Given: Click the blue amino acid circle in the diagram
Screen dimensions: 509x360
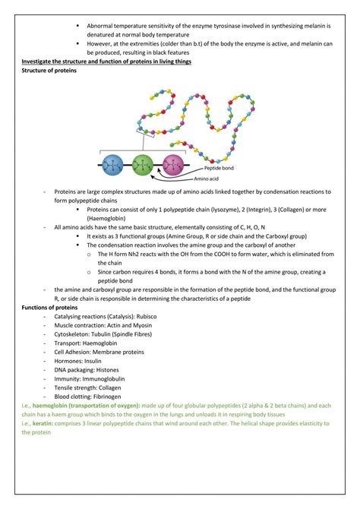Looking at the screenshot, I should click(x=113, y=165).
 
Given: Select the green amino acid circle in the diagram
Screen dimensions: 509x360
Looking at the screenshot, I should click(x=142, y=165).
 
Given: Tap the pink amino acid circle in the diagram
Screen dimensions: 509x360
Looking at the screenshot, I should click(x=173, y=165).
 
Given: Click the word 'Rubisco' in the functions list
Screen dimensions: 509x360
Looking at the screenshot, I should click(x=144, y=316).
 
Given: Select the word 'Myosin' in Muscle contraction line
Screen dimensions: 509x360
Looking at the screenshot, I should click(x=144, y=325).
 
